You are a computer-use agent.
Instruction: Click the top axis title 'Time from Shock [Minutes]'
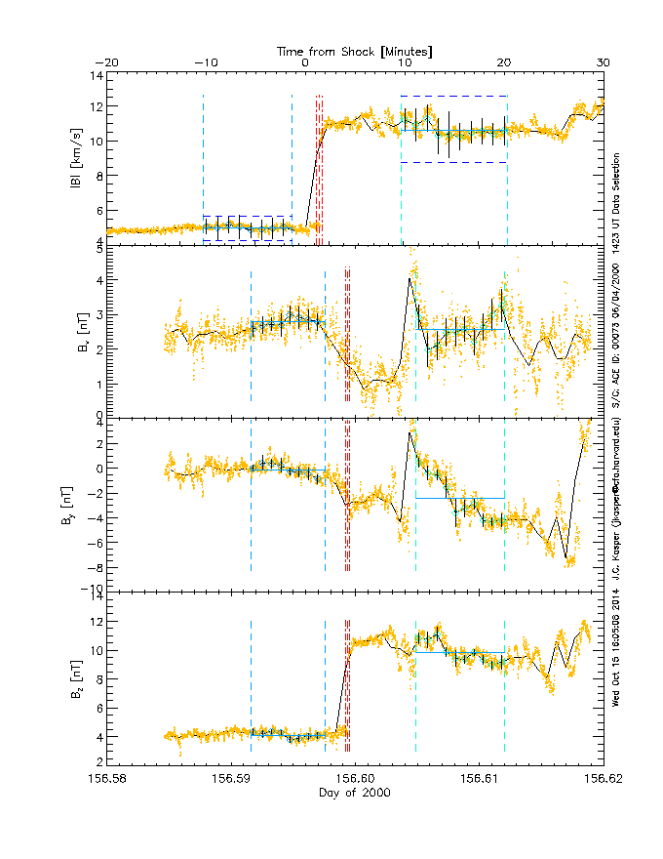(x=355, y=50)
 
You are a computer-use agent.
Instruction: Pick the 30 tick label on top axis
(x=603, y=63)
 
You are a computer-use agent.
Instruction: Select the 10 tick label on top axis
(x=405, y=63)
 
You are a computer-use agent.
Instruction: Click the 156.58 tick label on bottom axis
(x=106, y=779)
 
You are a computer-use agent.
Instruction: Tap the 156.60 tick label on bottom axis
(x=355, y=779)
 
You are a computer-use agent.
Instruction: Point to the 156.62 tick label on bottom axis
(x=603, y=779)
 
